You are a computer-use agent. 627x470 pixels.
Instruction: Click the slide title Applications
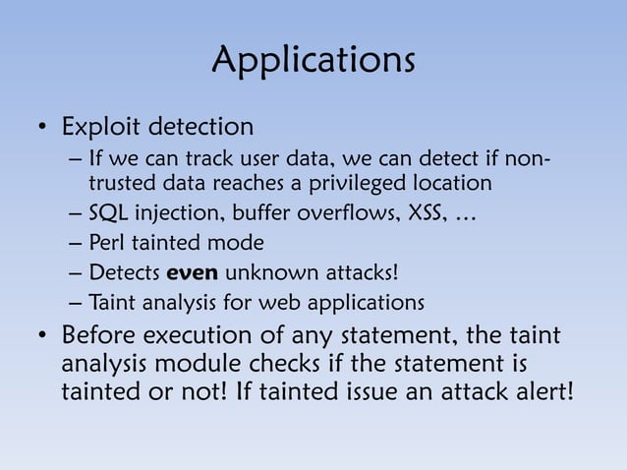click(x=313, y=61)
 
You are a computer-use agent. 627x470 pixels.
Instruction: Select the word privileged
click(x=370, y=183)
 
